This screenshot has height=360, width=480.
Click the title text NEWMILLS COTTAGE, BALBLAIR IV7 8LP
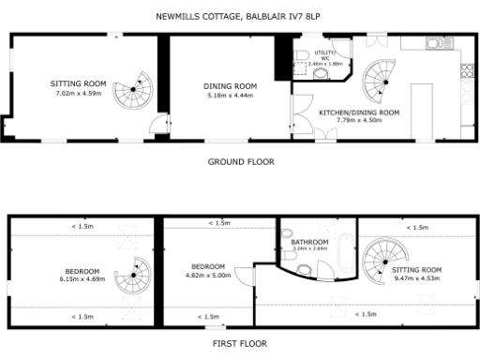[240, 16]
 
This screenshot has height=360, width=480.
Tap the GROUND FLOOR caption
[240, 161]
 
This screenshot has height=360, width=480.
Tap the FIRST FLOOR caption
[240, 343]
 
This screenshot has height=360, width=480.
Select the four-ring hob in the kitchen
[466, 71]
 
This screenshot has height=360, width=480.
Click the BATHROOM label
[307, 242]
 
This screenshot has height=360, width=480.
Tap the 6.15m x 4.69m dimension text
[82, 278]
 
